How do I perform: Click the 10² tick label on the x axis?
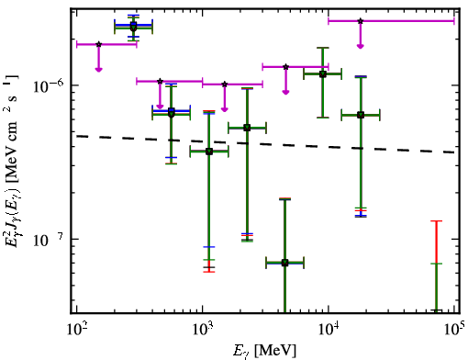click(76, 329)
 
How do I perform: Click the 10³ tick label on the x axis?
click(202, 329)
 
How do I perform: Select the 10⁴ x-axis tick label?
click(329, 329)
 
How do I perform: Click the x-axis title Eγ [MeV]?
click(264, 351)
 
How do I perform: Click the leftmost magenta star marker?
click(98, 44)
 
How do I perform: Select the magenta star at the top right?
click(361, 21)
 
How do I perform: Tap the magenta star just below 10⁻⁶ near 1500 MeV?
click(225, 84)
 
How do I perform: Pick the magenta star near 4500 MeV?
click(285, 67)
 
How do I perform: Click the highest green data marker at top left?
click(133, 27)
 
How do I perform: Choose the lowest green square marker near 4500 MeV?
click(284, 263)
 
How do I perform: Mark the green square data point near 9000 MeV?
click(322, 74)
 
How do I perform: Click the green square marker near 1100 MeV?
click(209, 152)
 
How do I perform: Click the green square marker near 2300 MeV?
click(247, 128)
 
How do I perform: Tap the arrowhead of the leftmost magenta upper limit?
click(98, 70)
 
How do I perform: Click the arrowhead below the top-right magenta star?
click(361, 46)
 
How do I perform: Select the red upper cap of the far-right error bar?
click(437, 220)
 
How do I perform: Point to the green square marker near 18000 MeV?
click(361, 115)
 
